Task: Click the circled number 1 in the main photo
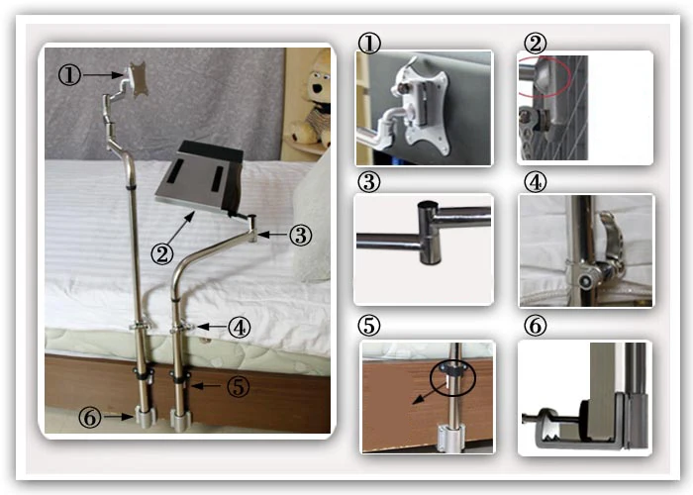tap(70, 75)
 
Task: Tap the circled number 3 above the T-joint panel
tap(369, 182)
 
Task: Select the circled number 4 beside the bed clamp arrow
tap(240, 328)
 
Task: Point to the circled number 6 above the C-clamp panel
tap(535, 326)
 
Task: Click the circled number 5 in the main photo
tap(239, 387)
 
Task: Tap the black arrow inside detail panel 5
tap(428, 393)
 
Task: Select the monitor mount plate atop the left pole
tap(139, 78)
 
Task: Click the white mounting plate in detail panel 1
tap(421, 111)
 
